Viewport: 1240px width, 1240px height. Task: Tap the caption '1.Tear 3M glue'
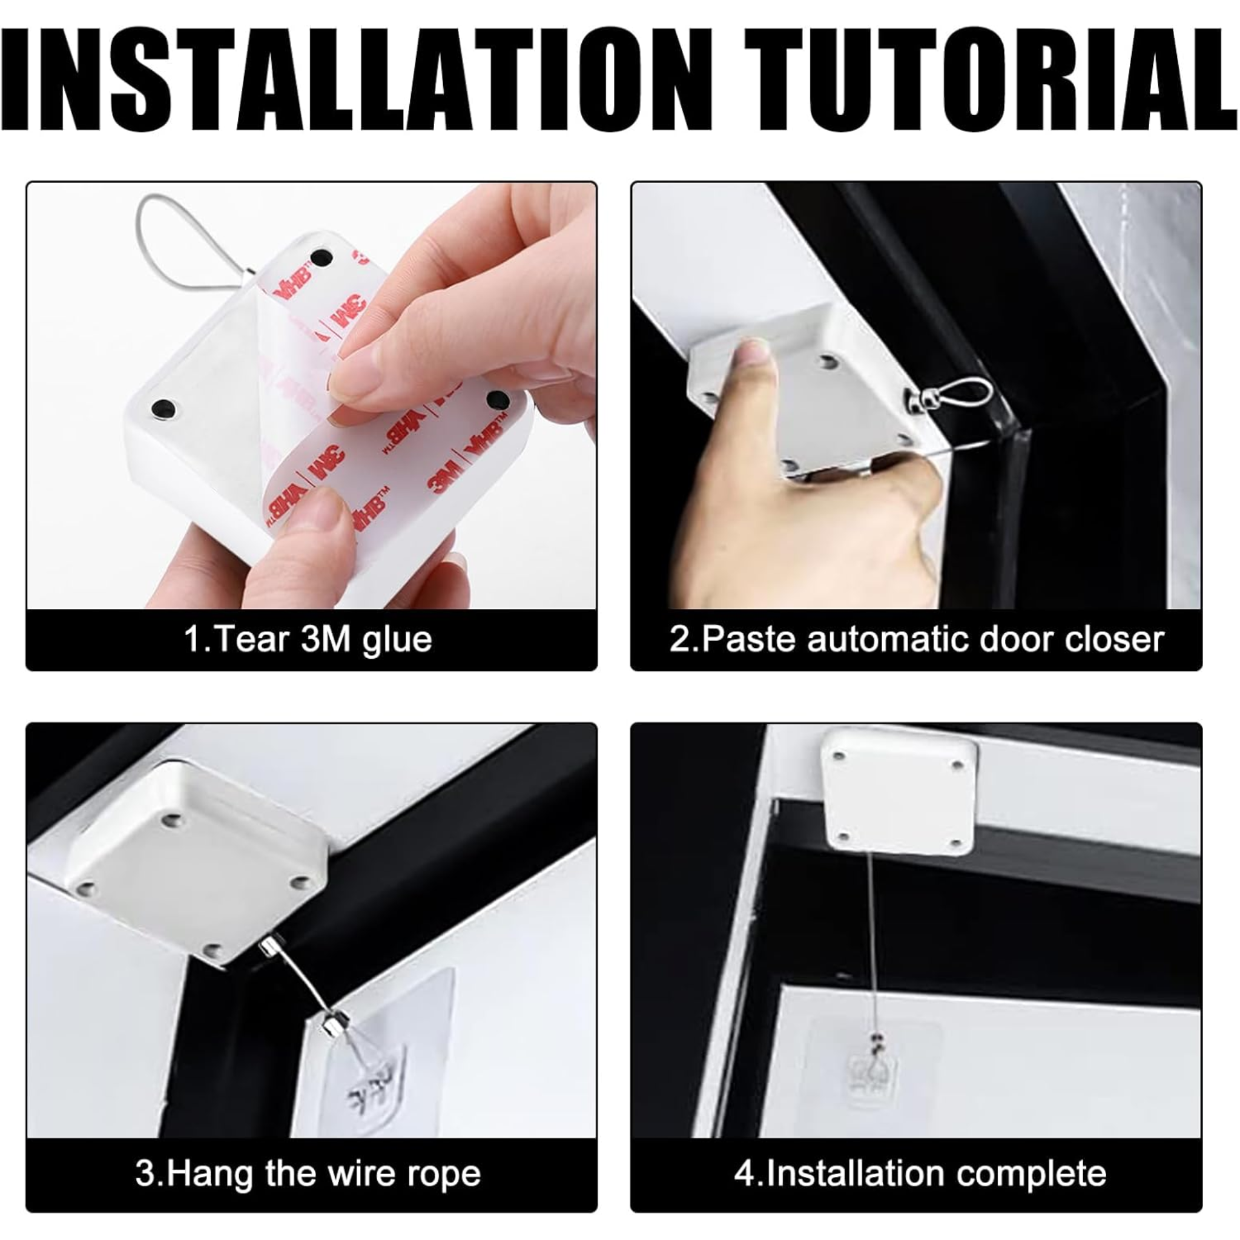coord(308,639)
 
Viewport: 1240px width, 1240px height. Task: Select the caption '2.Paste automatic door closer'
coord(917,639)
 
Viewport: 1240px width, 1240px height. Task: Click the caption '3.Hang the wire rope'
coord(308,1174)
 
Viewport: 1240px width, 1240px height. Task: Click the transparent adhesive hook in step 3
coord(378,1066)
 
